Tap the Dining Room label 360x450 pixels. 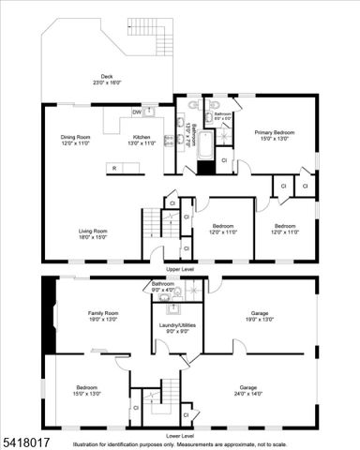[x=75, y=141]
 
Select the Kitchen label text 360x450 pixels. [x=141, y=141]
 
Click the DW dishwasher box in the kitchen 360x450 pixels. [x=137, y=112]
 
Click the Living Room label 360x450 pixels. [x=93, y=232]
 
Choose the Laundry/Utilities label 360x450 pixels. [x=174, y=328]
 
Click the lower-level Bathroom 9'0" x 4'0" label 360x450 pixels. [x=163, y=287]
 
